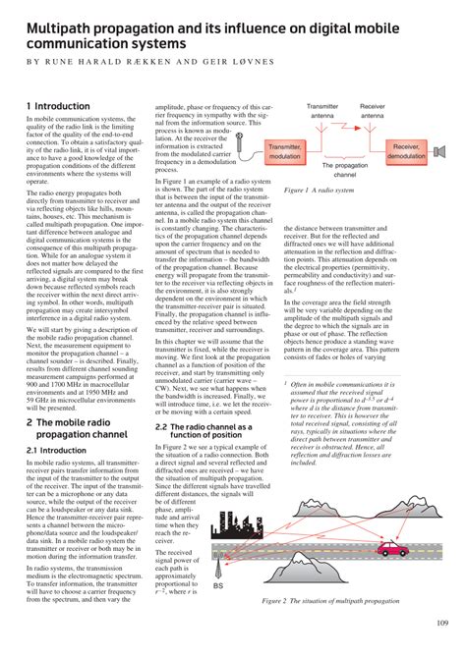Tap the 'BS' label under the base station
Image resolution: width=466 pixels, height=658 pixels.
(x=217, y=585)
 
